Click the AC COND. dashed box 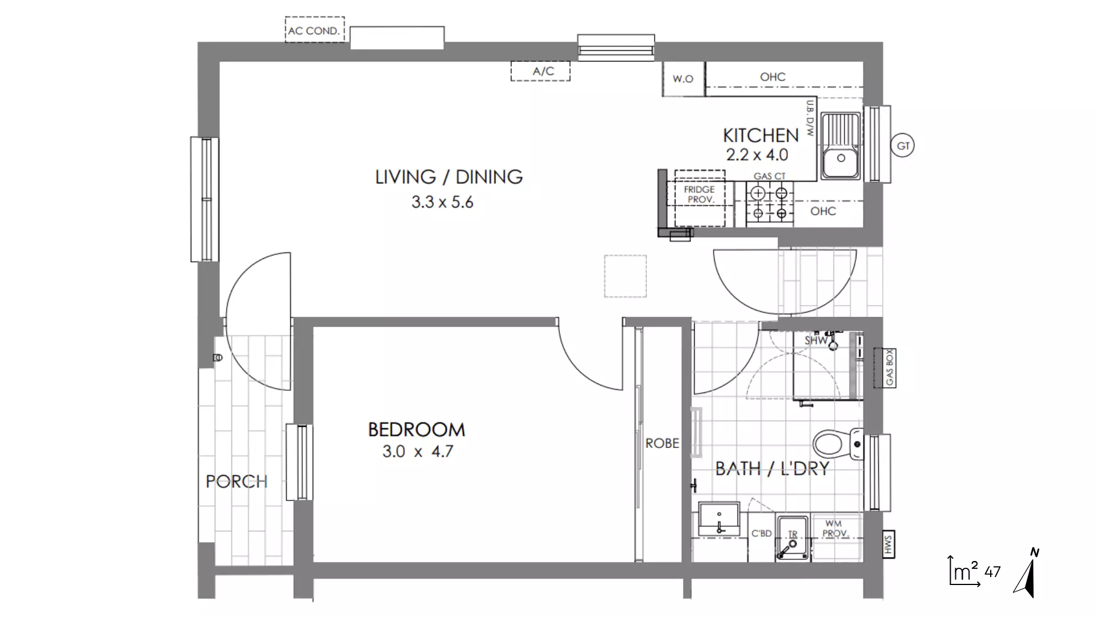[314, 30]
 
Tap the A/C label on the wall [542, 71]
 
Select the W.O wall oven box [683, 79]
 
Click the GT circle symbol [903, 146]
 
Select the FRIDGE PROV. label [700, 194]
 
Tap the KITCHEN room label [760, 135]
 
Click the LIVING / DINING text [449, 177]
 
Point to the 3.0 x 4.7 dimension [418, 452]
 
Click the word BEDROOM [417, 430]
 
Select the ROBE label [662, 443]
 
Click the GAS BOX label [889, 368]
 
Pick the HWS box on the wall [888, 544]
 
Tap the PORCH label [237, 482]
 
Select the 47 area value [992, 571]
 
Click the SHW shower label [816, 340]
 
